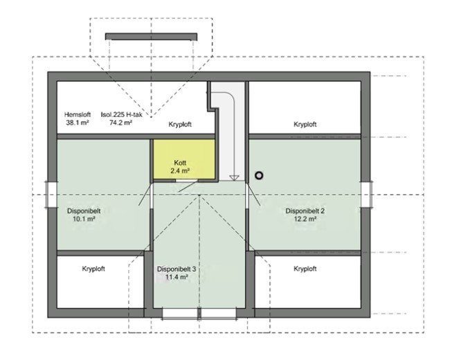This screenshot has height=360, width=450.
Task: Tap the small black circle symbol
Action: (x=259, y=176)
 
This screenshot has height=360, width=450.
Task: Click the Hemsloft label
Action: (x=77, y=115)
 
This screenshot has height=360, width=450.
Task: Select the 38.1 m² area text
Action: (x=78, y=123)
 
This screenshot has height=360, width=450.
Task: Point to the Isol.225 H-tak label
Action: (x=121, y=115)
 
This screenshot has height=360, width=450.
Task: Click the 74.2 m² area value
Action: (x=121, y=123)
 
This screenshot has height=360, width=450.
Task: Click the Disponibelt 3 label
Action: (x=177, y=269)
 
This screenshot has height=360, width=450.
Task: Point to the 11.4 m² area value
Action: (x=177, y=277)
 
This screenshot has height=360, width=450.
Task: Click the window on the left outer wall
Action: (x=51, y=195)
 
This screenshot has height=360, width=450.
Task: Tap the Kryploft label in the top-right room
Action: (x=305, y=125)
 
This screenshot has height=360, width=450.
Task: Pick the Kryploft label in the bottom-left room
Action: (x=93, y=269)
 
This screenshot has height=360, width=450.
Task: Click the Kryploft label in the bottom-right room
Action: (x=305, y=269)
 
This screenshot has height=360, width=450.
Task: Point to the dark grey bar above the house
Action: (x=151, y=37)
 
